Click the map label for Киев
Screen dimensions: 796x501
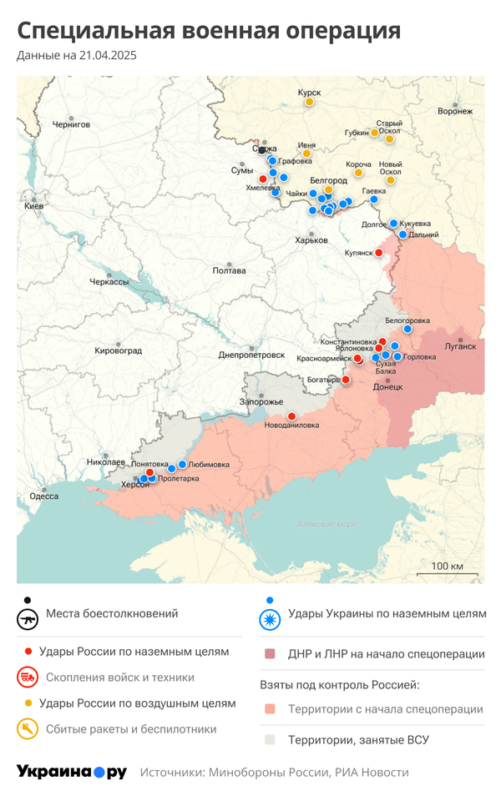click(33, 205)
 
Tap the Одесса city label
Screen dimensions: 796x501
click(43, 496)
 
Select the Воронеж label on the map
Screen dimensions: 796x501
click(455, 111)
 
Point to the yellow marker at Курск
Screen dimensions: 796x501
click(309, 102)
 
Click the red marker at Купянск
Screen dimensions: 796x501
click(378, 252)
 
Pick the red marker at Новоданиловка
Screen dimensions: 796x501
click(291, 416)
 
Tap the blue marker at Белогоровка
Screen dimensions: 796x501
click(407, 329)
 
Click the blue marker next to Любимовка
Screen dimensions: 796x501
click(182, 464)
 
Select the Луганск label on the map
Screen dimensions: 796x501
click(460, 345)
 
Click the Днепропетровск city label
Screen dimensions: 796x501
click(252, 355)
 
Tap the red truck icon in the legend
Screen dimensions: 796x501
click(28, 677)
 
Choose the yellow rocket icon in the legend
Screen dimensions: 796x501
click(28, 729)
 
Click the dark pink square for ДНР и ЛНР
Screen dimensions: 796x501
click(270, 654)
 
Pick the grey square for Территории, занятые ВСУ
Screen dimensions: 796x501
click(270, 739)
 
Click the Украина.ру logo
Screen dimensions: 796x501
click(72, 772)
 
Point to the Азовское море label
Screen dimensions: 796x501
click(326, 524)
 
